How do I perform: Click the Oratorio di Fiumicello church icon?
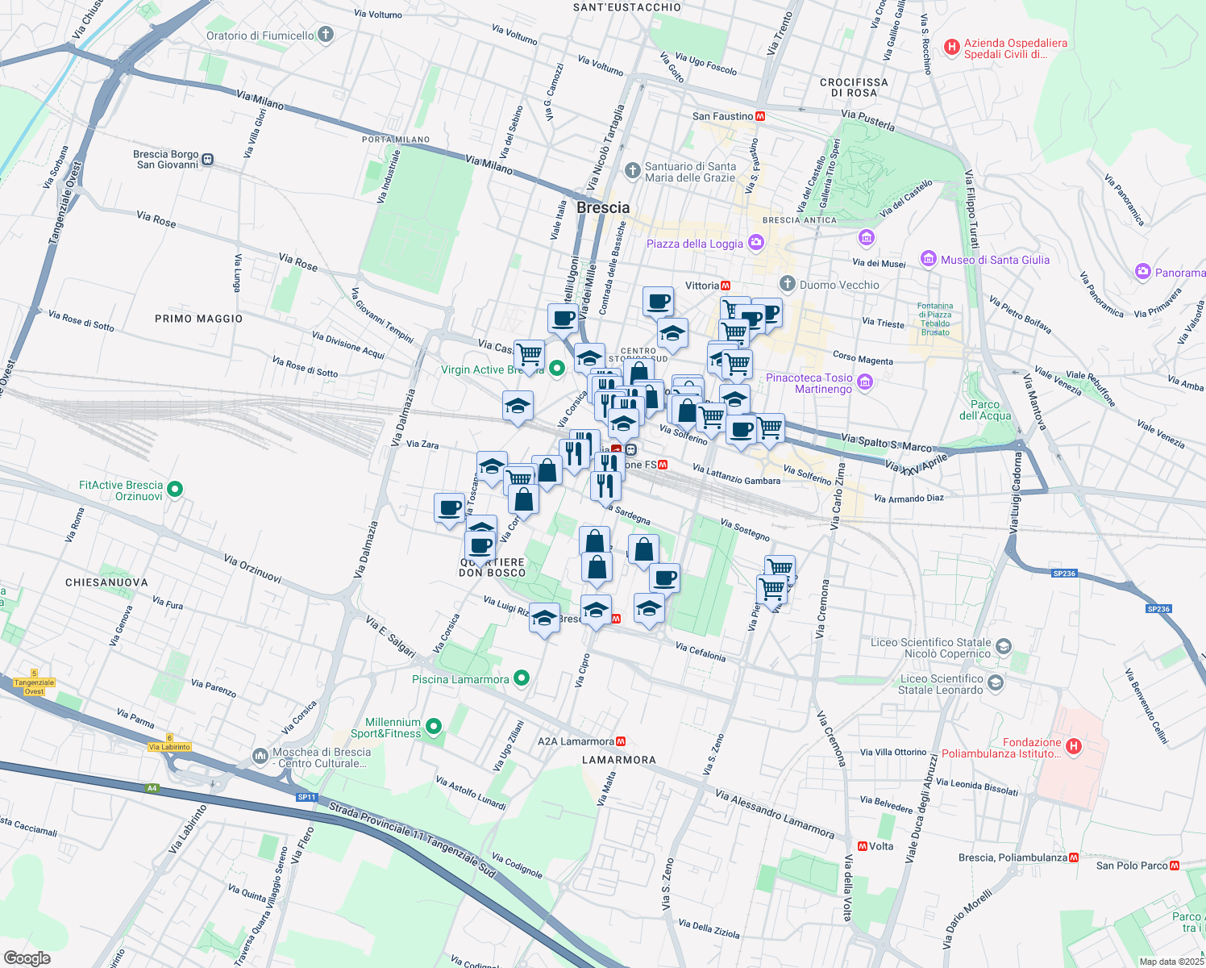click(326, 35)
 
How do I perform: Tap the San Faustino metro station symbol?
click(760, 116)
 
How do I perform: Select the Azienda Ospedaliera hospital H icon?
click(952, 48)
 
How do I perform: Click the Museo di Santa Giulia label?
click(995, 260)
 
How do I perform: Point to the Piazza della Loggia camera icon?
click(755, 242)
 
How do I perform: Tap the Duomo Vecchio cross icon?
click(788, 284)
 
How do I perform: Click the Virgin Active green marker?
click(556, 369)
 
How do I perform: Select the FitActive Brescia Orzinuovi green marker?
click(175, 489)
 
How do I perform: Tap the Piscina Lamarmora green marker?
click(522, 678)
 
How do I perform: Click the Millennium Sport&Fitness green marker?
click(434, 728)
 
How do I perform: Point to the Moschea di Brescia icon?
click(260, 756)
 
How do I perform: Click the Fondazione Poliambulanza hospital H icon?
click(1073, 747)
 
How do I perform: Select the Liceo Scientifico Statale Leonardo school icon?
click(996, 683)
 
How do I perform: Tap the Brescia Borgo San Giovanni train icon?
click(208, 159)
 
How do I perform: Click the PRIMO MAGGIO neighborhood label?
click(198, 319)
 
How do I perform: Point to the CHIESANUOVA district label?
click(106, 582)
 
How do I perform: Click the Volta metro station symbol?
click(863, 846)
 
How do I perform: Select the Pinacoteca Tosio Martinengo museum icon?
click(865, 382)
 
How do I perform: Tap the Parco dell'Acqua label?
click(985, 410)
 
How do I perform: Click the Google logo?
click(27, 958)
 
